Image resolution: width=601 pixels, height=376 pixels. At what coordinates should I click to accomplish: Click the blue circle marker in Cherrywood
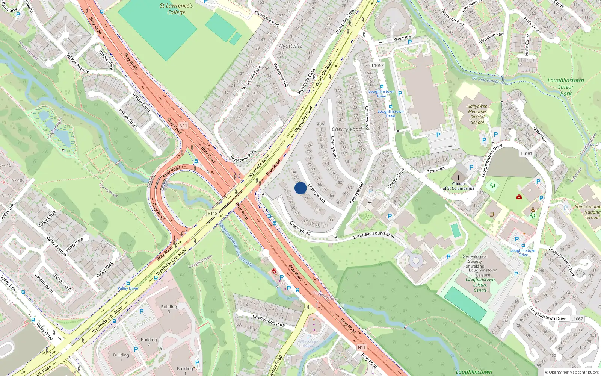point(300,188)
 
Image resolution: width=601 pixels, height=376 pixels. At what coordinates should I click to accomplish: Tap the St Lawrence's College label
point(176,9)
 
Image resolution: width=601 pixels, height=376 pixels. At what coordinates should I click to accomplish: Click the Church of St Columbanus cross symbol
point(458,177)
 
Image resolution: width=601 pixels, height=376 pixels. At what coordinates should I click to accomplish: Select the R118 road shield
point(213,213)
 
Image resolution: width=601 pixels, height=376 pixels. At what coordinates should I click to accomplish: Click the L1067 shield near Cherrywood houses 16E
point(378,65)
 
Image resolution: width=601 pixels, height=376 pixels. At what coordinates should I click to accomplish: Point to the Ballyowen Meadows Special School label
point(477,114)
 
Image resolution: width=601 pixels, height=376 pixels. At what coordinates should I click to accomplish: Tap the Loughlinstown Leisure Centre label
point(480,285)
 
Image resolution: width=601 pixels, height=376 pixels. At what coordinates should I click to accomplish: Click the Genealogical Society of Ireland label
point(475,261)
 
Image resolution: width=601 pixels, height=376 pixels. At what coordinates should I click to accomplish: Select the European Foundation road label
point(373,235)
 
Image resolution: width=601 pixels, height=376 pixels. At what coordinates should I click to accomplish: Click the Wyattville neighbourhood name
point(290,46)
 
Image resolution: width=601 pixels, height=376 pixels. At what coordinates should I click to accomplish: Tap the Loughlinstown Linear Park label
point(566,87)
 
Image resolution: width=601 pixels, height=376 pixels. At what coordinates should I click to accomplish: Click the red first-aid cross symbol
point(519,197)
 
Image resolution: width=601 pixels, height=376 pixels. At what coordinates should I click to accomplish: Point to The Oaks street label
point(436,170)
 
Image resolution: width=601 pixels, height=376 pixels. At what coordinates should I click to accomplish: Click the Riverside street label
point(402,38)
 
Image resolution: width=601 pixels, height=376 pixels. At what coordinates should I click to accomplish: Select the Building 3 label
point(169,309)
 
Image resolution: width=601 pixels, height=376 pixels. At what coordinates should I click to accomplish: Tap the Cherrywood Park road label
point(268,320)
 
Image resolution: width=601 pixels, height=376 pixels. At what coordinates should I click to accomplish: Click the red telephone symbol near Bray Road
point(275,271)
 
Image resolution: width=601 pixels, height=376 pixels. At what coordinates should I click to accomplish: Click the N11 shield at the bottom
point(361,347)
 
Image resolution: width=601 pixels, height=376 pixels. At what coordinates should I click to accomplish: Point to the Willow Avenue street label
point(78,63)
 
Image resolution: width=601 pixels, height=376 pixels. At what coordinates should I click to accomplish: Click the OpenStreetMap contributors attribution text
point(572,372)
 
